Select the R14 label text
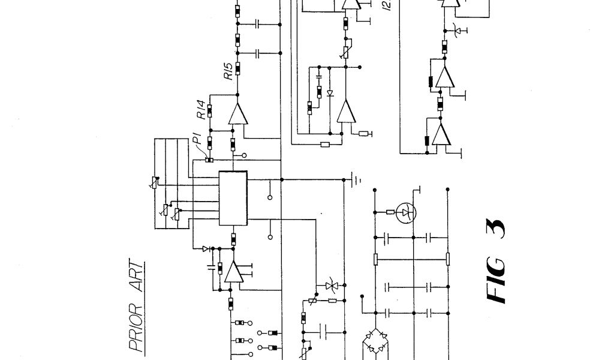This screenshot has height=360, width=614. [201, 110]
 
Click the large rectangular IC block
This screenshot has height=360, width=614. [233, 198]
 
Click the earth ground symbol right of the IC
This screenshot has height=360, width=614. [354, 179]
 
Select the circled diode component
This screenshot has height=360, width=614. [408, 211]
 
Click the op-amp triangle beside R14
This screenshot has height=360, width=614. [237, 115]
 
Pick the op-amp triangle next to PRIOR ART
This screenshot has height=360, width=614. [233, 274]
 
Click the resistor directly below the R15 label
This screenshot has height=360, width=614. [238, 68]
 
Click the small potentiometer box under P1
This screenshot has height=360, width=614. [209, 159]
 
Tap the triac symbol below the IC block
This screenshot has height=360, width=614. [329, 287]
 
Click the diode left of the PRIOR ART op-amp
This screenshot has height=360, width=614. [206, 248]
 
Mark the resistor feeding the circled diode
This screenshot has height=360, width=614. [390, 211]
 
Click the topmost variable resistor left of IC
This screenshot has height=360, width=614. [154, 182]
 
